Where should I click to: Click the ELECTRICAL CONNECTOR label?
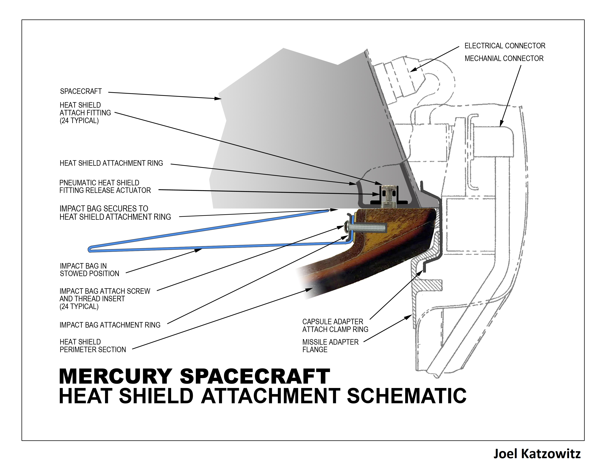click(505, 46)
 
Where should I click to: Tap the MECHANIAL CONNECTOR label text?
click(504, 59)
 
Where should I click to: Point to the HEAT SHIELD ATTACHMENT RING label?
click(111, 163)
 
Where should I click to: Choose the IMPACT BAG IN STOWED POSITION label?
click(89, 270)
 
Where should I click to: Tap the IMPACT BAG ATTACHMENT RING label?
click(110, 325)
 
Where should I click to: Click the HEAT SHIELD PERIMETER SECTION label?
click(93, 346)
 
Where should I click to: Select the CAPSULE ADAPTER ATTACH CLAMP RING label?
click(335, 325)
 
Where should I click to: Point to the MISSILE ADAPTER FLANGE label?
click(330, 346)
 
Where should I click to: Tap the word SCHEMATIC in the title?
click(407, 396)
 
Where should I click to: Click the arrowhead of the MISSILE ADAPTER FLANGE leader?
click(408, 317)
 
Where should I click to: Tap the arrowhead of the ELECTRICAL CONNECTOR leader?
click(413, 69)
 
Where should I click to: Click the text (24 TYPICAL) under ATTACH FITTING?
click(79, 121)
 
